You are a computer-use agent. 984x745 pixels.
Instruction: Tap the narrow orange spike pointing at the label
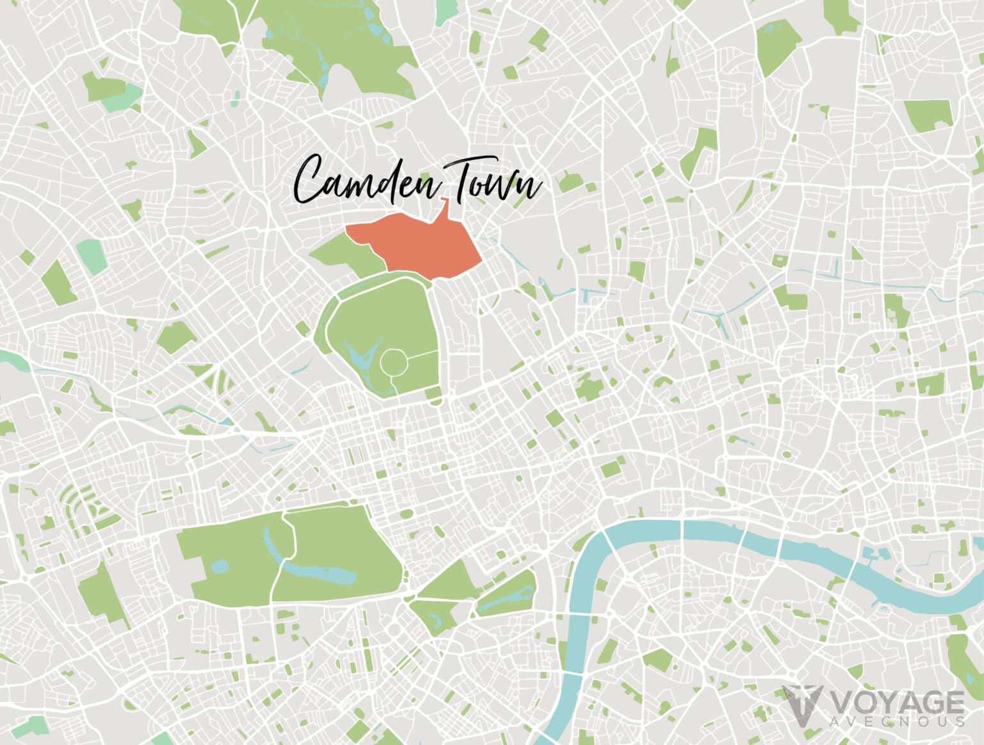click(444, 208)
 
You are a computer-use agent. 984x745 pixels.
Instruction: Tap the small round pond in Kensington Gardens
click(220, 566)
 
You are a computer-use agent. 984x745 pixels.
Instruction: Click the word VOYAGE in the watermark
click(897, 702)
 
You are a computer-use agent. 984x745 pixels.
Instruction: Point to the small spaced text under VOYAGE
click(897, 721)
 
